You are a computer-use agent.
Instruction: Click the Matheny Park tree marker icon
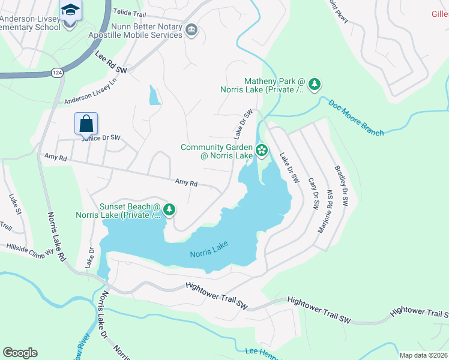[313, 86]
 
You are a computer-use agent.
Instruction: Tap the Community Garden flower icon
[262, 150]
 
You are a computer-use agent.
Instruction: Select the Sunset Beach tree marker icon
[170, 209]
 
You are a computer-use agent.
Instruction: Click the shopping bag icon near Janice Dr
[86, 124]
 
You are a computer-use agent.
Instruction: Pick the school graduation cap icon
[70, 10]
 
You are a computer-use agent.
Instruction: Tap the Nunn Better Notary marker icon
[191, 30]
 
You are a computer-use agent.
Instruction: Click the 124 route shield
[56, 73]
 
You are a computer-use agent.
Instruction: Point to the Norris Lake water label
[208, 253]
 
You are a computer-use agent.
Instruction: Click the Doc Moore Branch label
[355, 117]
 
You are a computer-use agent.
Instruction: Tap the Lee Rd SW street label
[112, 62]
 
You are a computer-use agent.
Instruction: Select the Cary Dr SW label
[313, 193]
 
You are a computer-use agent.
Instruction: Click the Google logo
[20, 353]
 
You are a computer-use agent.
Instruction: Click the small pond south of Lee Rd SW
[154, 95]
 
